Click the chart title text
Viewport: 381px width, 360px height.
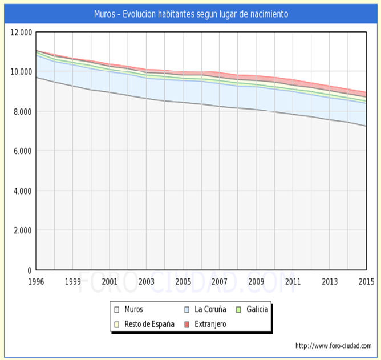coord(190,14)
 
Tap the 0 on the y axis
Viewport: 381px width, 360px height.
coord(30,270)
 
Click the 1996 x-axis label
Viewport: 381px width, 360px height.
coord(36,281)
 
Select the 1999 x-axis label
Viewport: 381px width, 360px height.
coord(72,281)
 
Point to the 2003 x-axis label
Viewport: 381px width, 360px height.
coord(146,281)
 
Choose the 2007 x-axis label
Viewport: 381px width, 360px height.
coord(220,281)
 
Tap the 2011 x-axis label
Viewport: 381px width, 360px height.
coord(293,281)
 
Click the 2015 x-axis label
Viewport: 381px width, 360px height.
coord(366,281)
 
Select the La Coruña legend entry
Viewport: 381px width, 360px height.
coord(210,310)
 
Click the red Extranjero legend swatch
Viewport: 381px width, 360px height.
coord(187,324)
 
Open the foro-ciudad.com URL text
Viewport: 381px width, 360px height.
coord(333,346)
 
